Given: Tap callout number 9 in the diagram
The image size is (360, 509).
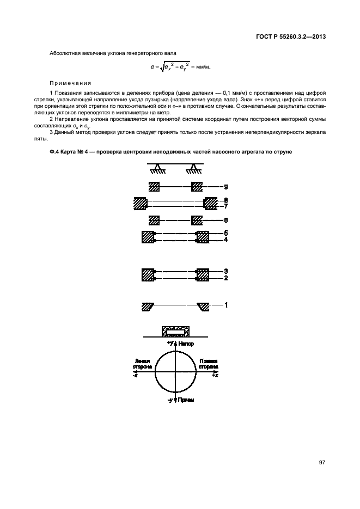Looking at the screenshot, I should (225, 186).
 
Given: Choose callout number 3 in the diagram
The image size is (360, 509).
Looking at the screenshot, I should (225, 271).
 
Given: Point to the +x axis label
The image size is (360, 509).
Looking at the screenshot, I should (216, 375).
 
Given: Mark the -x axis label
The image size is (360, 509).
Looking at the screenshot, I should (136, 375).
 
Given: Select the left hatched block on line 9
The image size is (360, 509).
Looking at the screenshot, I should (154, 186).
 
